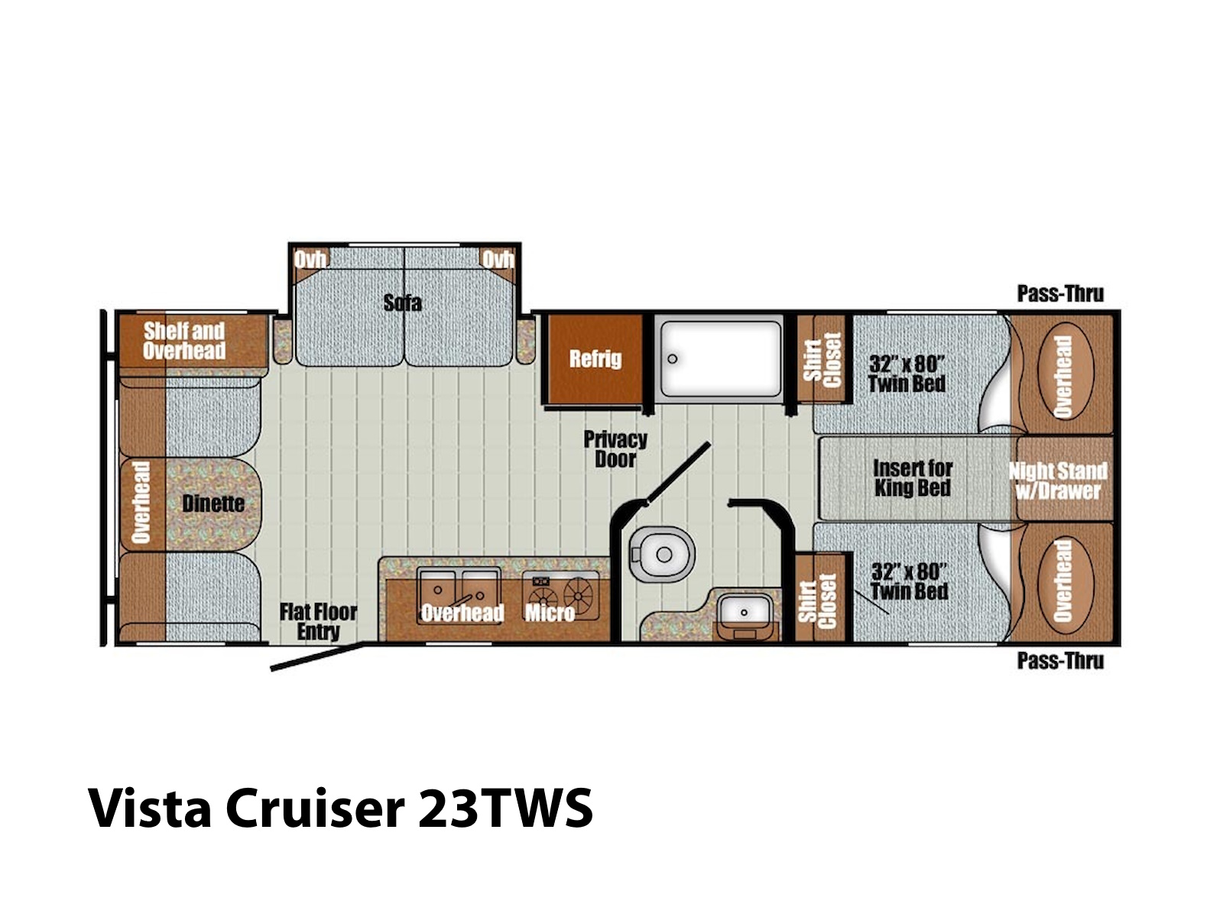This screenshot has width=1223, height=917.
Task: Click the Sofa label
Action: coord(402,303)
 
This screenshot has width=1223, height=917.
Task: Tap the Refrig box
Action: coord(595,359)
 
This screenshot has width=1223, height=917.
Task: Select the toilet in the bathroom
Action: coord(662,553)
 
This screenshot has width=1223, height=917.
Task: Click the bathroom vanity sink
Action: coord(744,613)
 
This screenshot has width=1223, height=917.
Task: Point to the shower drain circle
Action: coord(673,358)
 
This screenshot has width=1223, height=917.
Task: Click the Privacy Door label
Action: coord(615,449)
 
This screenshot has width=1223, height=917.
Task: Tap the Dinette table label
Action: coord(213,504)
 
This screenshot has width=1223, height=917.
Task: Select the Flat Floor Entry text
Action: coord(318,621)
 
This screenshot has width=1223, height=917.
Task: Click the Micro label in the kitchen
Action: coord(550,613)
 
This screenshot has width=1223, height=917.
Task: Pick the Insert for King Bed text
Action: coord(913,478)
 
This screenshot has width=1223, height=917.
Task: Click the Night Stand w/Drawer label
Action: coord(1058,481)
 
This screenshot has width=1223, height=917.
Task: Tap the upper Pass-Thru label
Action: coord(1060,293)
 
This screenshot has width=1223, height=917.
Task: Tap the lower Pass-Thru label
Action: coord(1060,661)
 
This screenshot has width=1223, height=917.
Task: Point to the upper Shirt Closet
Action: coord(822,359)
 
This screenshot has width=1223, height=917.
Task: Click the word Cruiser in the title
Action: coord(314,809)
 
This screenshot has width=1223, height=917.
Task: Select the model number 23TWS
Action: coord(504,809)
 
